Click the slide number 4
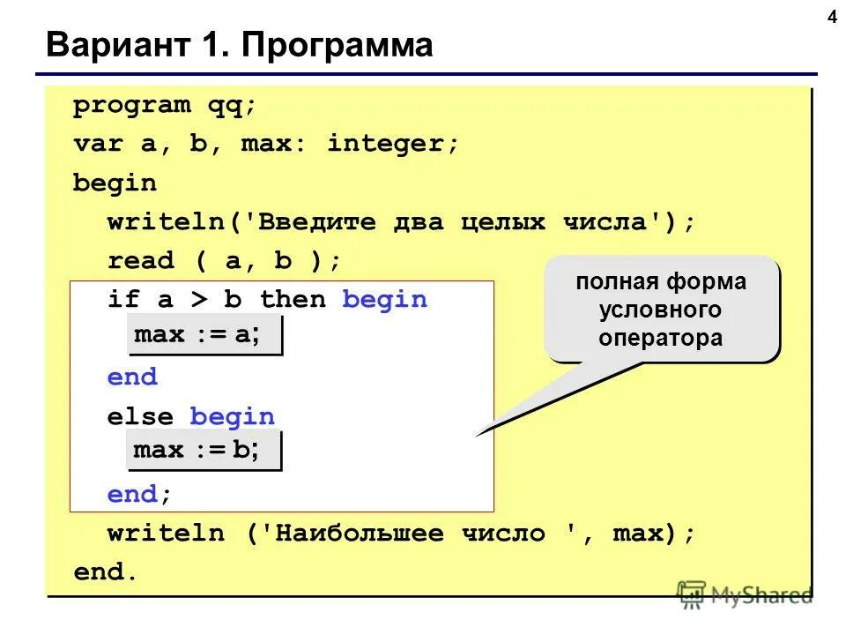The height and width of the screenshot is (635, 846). coord(831,19)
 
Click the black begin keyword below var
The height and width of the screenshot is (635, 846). coord(115,183)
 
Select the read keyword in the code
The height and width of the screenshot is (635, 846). coord(141,261)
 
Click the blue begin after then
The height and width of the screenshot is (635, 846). coord(384,300)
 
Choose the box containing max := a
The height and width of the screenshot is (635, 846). coord(206,336)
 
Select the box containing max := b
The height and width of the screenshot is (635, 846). coord(206,452)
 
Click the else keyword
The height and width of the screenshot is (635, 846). coord(141,416)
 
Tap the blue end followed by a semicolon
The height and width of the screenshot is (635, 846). coord(132,495)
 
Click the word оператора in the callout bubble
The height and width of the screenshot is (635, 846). coord(661,338)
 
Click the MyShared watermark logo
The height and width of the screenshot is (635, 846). coord(746,594)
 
